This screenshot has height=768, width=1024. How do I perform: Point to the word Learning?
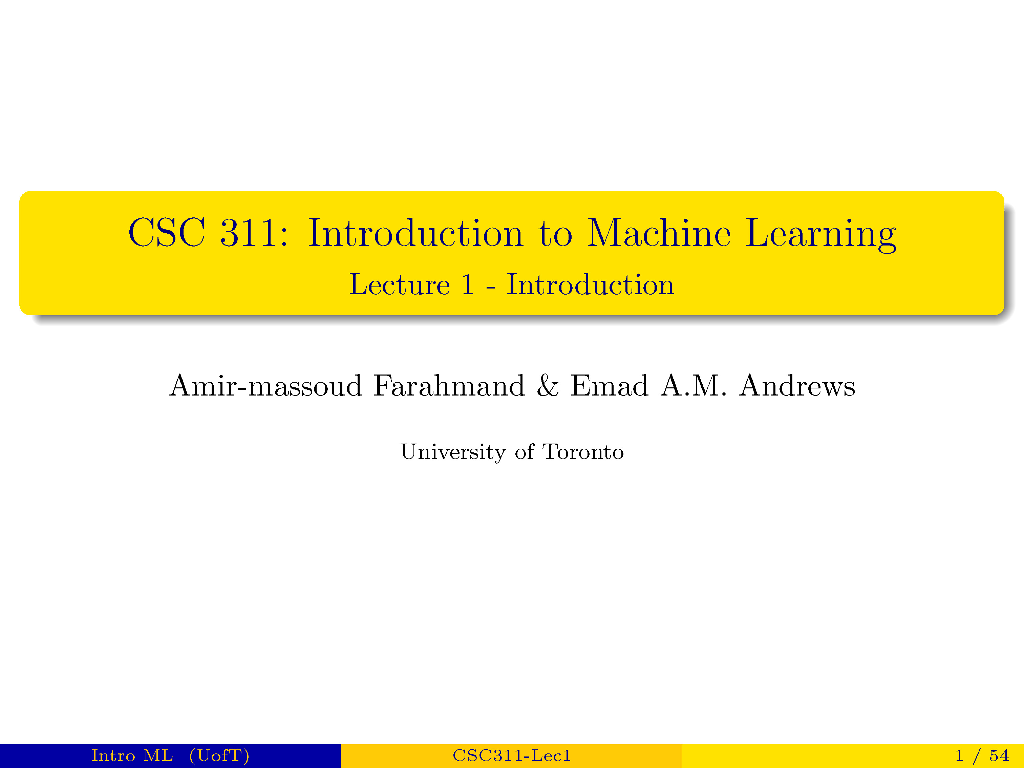click(821, 235)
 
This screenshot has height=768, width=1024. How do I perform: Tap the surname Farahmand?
click(449, 386)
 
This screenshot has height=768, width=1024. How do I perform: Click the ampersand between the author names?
click(548, 386)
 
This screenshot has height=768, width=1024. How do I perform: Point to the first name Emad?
click(609, 386)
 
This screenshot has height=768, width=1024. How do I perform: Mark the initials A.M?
click(693, 386)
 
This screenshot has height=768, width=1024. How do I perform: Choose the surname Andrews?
click(797, 386)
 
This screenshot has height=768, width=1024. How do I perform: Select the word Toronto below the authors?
click(583, 452)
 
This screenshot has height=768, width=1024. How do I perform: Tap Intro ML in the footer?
click(132, 755)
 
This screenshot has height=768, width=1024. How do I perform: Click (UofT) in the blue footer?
click(219, 755)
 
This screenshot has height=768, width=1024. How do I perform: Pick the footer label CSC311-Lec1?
click(512, 755)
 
